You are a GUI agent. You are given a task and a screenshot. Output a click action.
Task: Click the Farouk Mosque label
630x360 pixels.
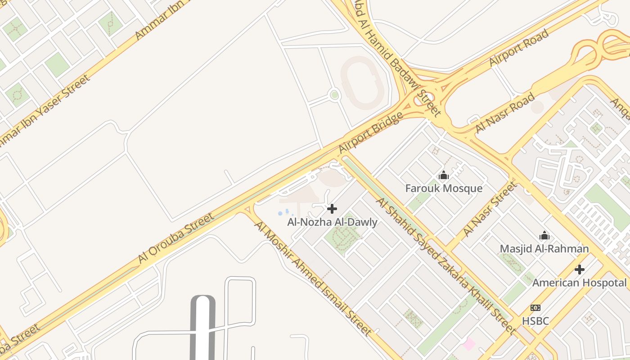444,188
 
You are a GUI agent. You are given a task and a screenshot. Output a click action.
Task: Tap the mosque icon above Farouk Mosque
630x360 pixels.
444,175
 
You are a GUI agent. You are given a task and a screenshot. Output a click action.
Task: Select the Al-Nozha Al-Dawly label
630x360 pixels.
332,222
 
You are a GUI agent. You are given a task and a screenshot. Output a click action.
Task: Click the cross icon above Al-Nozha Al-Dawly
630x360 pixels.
332,209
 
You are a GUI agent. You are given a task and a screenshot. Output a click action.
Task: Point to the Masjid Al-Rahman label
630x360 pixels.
544,248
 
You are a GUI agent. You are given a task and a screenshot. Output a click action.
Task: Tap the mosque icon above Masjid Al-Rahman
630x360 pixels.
544,235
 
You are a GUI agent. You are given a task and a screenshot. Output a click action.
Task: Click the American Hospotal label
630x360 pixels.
579,283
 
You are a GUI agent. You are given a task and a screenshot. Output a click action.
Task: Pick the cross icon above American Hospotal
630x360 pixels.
580,270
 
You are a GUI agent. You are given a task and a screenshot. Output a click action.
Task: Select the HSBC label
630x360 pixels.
535,321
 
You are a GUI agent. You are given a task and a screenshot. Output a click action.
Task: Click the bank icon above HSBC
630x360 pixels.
535,308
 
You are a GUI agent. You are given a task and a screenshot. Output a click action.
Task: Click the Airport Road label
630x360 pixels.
519,48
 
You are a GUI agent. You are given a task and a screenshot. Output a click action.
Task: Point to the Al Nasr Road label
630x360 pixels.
505,112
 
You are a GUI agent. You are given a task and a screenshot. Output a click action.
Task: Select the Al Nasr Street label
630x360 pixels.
490,209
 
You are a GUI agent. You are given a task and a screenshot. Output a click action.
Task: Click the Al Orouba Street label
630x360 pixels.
176,238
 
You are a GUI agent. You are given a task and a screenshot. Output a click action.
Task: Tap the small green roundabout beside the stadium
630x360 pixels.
334,95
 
